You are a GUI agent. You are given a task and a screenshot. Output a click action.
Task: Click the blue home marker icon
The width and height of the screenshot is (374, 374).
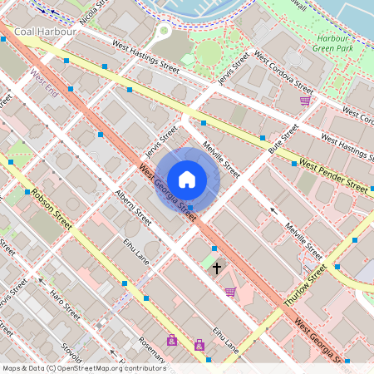point(187,180)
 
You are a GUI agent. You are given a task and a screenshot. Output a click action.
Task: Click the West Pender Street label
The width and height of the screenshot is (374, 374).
point(333,175)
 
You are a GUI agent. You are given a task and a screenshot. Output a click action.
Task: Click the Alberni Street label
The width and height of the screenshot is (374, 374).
point(133,208)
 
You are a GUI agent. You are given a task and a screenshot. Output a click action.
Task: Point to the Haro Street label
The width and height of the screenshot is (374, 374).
point(63,303)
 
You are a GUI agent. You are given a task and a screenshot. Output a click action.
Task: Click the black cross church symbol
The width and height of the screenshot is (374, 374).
point(218,268)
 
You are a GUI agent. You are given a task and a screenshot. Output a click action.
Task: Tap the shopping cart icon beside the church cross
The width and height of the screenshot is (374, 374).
point(230,291)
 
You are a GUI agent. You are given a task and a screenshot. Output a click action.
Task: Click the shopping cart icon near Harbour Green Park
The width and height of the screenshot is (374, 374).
point(305,101)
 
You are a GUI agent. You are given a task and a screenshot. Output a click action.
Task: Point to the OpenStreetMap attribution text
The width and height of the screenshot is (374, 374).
point(84,368)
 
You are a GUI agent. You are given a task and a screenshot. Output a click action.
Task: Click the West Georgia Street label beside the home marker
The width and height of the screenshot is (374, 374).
point(168,193)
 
